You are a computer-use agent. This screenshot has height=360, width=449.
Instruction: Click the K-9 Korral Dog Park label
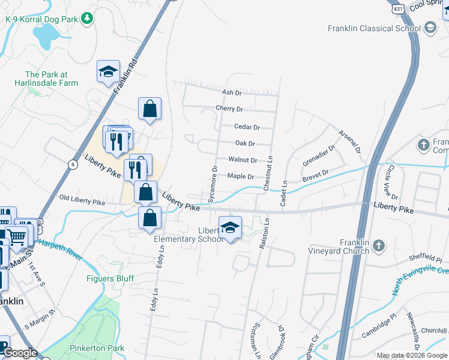click(41, 19)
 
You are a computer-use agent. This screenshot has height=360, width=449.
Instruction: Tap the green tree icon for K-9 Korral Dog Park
click(87, 19)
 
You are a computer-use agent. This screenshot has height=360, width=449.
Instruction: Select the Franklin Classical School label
click(374, 28)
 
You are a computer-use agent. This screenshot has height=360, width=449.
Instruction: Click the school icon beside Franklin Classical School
click(430, 28)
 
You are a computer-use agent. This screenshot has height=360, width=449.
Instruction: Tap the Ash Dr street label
click(231, 92)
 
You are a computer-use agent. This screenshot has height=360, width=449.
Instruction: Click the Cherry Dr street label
click(229, 109)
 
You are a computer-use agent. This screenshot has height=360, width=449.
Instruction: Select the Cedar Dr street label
click(247, 127)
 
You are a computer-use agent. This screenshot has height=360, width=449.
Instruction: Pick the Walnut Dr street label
click(243, 160)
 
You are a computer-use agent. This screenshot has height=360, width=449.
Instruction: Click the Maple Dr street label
click(241, 176)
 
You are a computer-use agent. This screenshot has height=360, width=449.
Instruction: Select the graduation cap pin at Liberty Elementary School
click(229, 227)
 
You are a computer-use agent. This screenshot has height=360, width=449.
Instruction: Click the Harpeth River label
click(60, 249)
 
